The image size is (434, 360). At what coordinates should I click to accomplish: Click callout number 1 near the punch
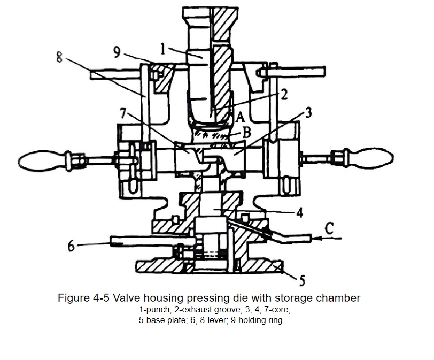tap(162, 49)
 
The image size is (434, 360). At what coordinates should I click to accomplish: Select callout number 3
tap(308, 112)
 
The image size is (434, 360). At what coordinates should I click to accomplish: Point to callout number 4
tap(300, 213)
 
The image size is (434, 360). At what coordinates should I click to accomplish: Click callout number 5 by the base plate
tap(302, 280)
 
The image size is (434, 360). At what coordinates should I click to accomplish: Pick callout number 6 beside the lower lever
tap(71, 246)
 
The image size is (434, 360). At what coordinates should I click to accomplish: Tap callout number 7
tap(123, 113)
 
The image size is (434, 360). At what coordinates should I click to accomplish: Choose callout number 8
tap(59, 58)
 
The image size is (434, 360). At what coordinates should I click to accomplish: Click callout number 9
tap(117, 52)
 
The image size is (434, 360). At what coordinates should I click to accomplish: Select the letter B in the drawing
tap(247, 132)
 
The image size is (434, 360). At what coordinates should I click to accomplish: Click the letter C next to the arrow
tap(329, 228)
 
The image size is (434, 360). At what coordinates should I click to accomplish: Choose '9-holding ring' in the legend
tap(257, 320)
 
